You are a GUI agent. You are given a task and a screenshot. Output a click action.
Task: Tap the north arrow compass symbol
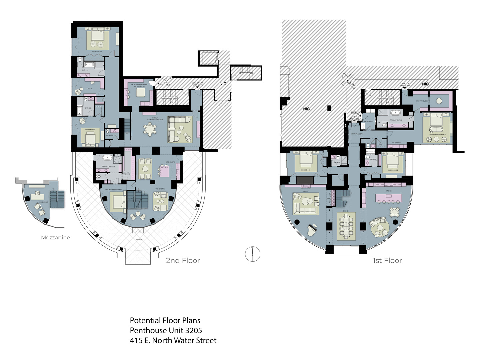pos(252,254)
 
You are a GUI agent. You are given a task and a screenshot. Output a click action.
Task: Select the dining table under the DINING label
pos(346,226)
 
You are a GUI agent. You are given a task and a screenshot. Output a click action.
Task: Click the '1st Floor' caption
pos(387,261)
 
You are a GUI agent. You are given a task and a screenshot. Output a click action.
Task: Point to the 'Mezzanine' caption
pos(55,238)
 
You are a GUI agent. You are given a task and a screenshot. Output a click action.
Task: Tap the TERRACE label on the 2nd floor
pos(139,239)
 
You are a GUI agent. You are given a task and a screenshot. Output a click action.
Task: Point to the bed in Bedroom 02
pos(393,161)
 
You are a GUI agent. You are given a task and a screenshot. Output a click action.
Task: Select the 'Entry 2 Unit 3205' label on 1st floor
pos(404,85)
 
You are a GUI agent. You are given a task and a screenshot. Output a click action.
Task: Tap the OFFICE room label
pos(89,89)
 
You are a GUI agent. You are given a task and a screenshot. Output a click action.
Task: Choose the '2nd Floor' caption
pos(183,261)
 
